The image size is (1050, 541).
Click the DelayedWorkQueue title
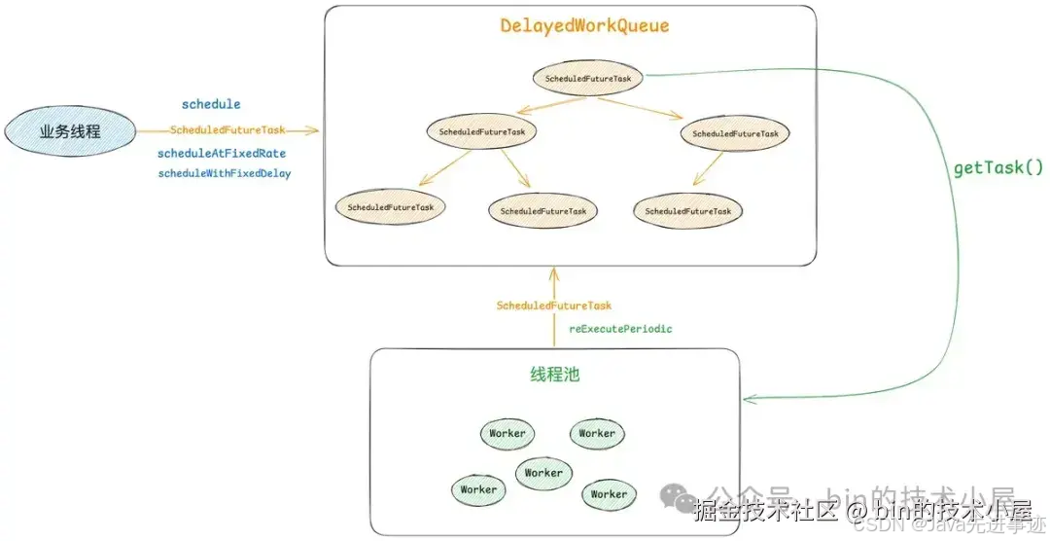(x=584, y=26)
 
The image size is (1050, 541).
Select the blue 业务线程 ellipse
(x=70, y=131)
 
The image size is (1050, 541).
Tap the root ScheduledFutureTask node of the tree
(x=589, y=78)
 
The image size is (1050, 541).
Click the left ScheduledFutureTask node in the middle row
(x=482, y=131)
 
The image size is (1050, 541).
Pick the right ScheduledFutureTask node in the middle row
(x=735, y=133)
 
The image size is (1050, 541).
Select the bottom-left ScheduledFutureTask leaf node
(x=391, y=207)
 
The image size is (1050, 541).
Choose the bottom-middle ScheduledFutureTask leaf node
(x=543, y=211)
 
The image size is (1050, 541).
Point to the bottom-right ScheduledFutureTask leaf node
(x=688, y=210)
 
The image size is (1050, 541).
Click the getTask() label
(x=997, y=168)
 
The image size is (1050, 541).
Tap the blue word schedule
(x=211, y=104)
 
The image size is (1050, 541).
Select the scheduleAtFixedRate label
(x=222, y=154)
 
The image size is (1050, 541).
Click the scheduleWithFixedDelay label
(x=225, y=173)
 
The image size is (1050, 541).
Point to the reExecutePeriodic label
(x=620, y=329)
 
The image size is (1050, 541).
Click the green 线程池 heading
(x=554, y=375)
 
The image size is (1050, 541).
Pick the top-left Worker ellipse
(x=507, y=433)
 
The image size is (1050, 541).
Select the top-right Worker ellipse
(x=597, y=433)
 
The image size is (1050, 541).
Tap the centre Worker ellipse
(x=543, y=473)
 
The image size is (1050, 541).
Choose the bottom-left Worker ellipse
(x=478, y=489)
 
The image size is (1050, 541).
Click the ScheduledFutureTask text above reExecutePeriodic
(x=554, y=306)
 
